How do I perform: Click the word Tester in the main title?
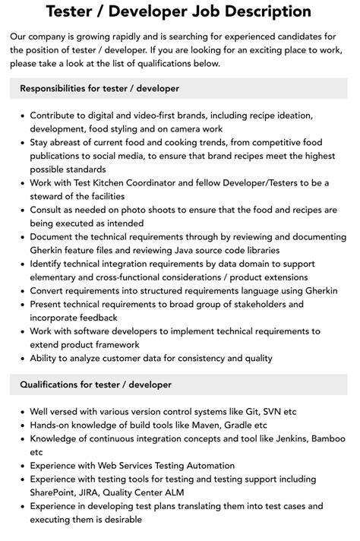pos(74,11)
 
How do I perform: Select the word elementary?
pos(61,277)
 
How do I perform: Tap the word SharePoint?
pos(57,492)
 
